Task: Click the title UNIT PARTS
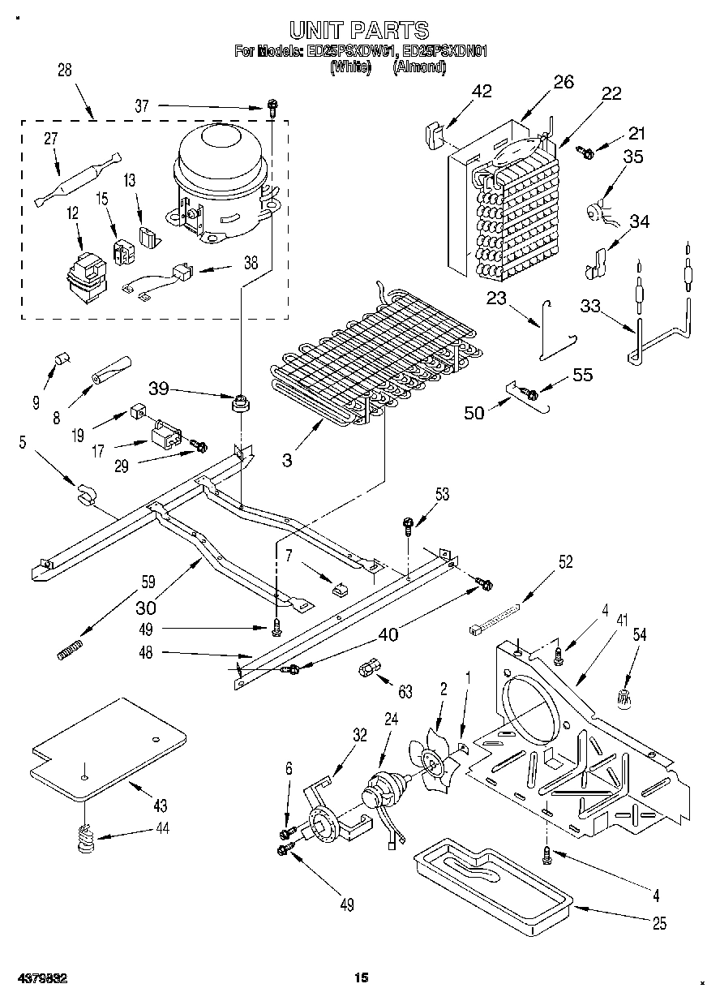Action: tap(359, 31)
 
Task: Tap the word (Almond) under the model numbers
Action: tap(419, 68)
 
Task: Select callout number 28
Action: tap(64, 71)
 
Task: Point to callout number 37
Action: tap(143, 105)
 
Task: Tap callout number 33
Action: tap(591, 306)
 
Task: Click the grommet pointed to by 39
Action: tap(240, 401)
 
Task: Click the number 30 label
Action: tap(146, 606)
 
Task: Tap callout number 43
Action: tap(160, 806)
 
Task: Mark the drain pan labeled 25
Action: tap(491, 879)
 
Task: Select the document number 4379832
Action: tap(40, 978)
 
